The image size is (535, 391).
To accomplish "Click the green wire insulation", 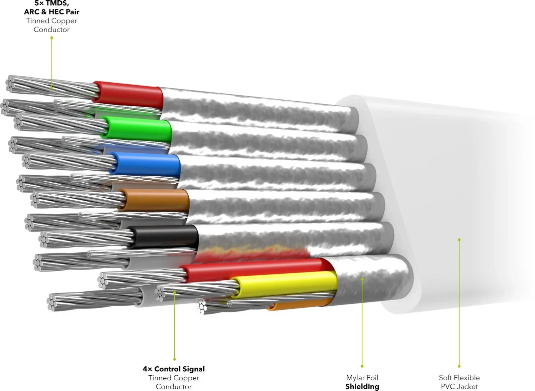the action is tap(137, 130).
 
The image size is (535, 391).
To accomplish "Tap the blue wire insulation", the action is tap(146, 164).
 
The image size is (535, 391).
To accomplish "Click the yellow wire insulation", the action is tap(284, 284).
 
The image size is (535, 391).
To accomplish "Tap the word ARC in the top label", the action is tap(32, 12).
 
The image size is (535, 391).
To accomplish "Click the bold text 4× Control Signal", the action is tap(174, 369).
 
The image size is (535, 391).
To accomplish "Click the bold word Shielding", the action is tap(362, 386).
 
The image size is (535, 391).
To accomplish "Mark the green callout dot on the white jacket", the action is tap(459, 239).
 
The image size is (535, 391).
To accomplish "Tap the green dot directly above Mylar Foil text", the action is tap(362, 366).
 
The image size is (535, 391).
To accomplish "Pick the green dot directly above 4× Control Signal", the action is tap(175, 359).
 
